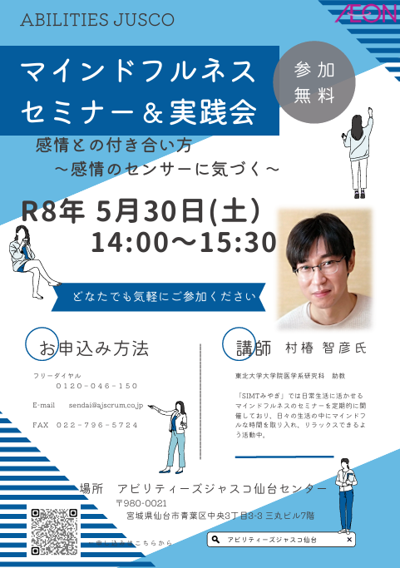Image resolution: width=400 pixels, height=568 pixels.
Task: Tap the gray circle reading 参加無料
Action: pyautogui.click(x=314, y=81)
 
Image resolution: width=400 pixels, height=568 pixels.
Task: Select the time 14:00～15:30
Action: pyautogui.click(x=184, y=242)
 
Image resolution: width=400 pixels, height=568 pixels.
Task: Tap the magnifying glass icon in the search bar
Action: pyautogui.click(x=217, y=540)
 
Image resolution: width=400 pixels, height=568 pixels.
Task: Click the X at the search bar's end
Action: pyautogui.click(x=348, y=540)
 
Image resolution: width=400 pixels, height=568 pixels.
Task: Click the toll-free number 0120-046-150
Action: pyautogui.click(x=96, y=386)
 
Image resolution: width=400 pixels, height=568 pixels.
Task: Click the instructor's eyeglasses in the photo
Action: pyautogui.click(x=321, y=266)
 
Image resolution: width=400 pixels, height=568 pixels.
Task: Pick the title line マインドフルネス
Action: pyautogui.click(x=140, y=72)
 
